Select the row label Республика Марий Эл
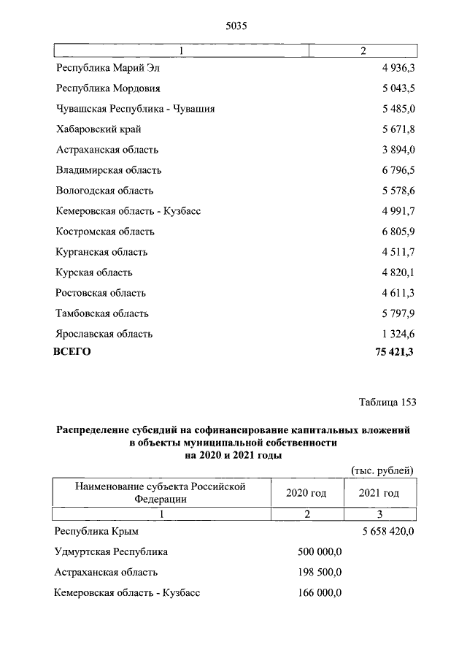point(107,68)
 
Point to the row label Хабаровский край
point(99,129)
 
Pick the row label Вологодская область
point(104,191)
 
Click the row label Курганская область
point(101,252)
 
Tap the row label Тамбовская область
point(102,313)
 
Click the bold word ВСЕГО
point(72,352)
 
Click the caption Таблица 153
point(387,402)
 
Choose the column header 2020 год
point(306,493)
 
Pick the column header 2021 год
point(379,493)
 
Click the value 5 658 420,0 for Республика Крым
point(387,531)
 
